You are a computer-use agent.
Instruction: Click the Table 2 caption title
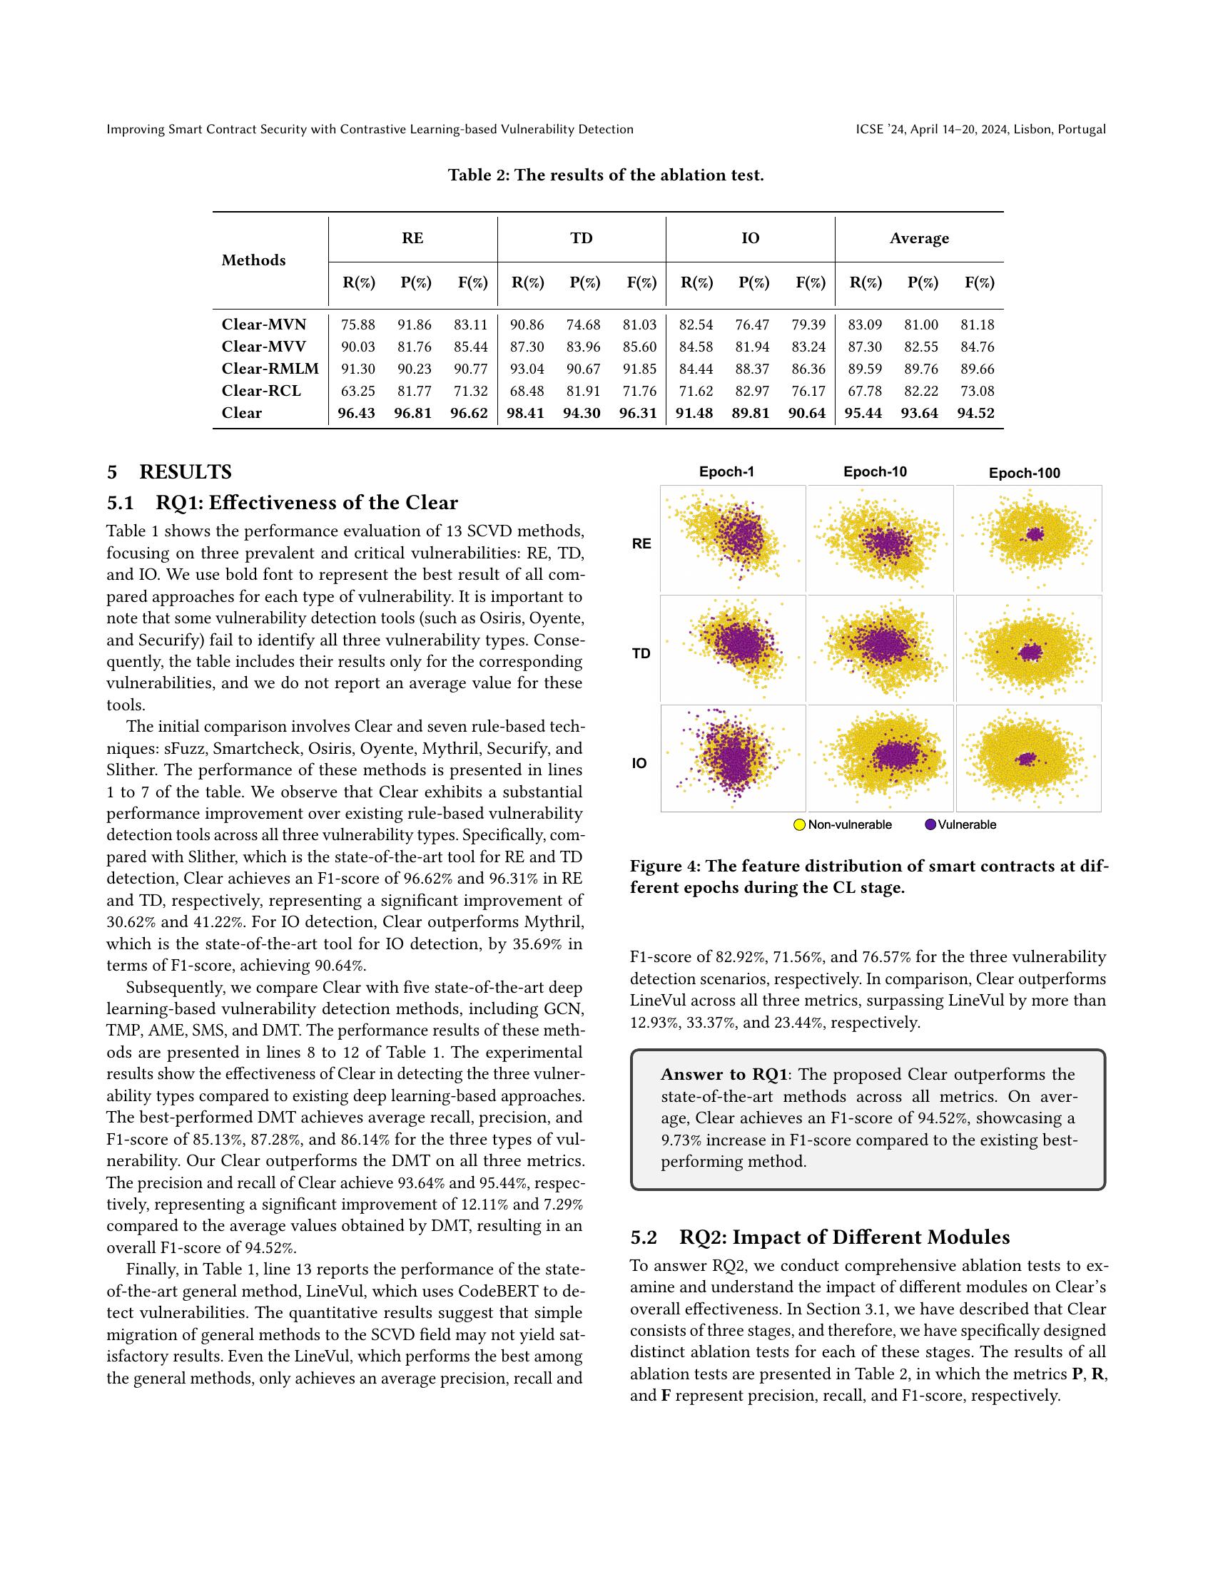(606, 175)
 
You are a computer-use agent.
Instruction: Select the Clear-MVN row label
(264, 324)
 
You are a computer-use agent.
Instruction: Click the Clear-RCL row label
(261, 391)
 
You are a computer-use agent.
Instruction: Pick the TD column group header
(582, 238)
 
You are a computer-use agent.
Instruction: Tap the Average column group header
(919, 238)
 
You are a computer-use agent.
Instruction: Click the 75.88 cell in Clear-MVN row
(358, 324)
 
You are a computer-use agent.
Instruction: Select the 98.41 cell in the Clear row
(525, 413)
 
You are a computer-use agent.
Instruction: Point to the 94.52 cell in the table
(976, 413)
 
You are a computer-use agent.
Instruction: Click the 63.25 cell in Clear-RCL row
(358, 391)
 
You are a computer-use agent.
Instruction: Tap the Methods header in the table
(254, 261)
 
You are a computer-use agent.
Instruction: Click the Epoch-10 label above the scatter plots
(875, 472)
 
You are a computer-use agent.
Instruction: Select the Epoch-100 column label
(1024, 474)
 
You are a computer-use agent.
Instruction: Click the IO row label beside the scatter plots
(639, 764)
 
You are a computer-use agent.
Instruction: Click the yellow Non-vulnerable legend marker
(799, 824)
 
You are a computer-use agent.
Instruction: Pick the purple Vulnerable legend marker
(930, 824)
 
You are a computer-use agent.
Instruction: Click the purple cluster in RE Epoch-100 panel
(1035, 533)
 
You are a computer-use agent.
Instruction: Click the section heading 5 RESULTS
(170, 472)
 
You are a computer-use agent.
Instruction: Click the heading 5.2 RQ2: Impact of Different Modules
(820, 1237)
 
